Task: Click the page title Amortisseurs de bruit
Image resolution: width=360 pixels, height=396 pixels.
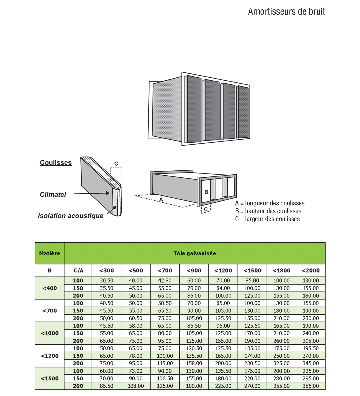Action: click(286, 11)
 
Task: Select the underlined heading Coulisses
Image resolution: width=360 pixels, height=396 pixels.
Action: click(56, 163)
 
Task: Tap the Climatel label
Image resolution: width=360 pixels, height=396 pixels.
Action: click(53, 195)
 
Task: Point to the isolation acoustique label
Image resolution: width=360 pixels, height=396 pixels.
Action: click(71, 216)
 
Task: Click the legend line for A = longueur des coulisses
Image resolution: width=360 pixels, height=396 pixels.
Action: click(270, 203)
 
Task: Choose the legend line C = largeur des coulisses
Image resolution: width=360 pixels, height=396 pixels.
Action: click(267, 219)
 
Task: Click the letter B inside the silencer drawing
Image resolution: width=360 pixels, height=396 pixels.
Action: click(206, 192)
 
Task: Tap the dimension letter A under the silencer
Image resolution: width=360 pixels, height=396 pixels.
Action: click(161, 200)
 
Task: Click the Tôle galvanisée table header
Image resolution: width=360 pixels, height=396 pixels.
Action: click(195, 253)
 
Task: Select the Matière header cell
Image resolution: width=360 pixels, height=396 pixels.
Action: click(50, 253)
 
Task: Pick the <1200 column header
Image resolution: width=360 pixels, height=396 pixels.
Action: click(223, 271)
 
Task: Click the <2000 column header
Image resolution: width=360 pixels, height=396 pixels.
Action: click(310, 271)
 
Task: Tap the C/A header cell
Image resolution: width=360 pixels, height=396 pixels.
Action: click(78, 271)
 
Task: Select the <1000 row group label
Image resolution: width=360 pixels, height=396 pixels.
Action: click(50, 333)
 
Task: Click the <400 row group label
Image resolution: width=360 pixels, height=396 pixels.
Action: click(50, 288)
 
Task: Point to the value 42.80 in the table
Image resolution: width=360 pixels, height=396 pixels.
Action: click(165, 281)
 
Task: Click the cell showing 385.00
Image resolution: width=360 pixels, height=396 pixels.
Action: click(310, 386)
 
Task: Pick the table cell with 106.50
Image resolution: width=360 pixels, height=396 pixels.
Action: click(165, 379)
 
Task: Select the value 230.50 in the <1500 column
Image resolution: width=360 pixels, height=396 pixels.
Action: click(252, 363)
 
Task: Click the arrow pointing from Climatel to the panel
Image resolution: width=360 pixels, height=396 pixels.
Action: click(92, 193)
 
